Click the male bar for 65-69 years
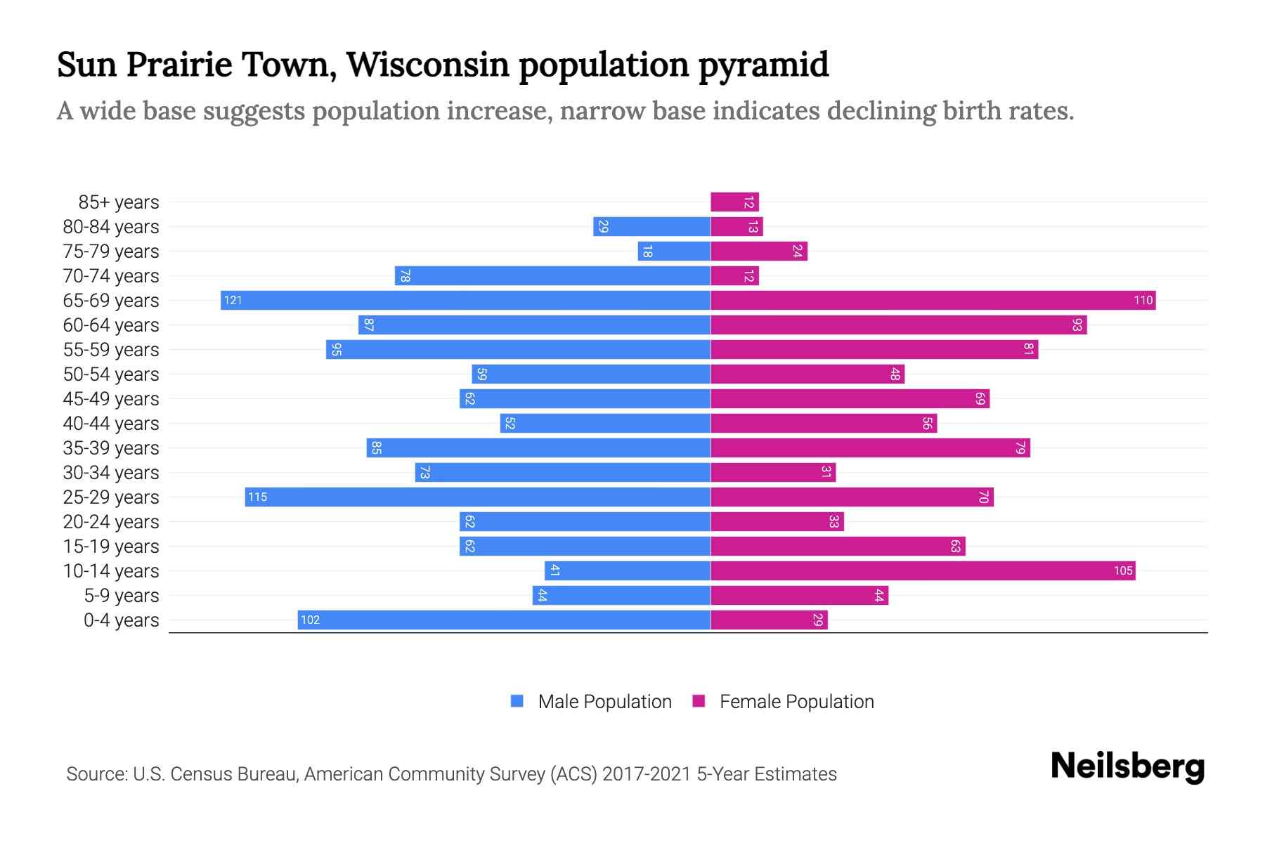[465, 301]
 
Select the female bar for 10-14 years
[922, 571]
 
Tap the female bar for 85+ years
[734, 202]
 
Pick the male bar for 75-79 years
[674, 251]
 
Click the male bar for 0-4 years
[504, 620]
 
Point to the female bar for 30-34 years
[773, 473]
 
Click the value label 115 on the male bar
[257, 497]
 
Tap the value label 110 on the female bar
[1143, 301]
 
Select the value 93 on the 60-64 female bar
[1077, 325]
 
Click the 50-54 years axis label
[111, 374]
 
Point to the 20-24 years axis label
[111, 522]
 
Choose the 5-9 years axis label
[121, 596]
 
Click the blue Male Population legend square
[517, 701]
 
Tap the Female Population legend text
[796, 702]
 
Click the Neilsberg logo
[1127, 766]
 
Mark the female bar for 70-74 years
[734, 276]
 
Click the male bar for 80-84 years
[651, 227]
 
